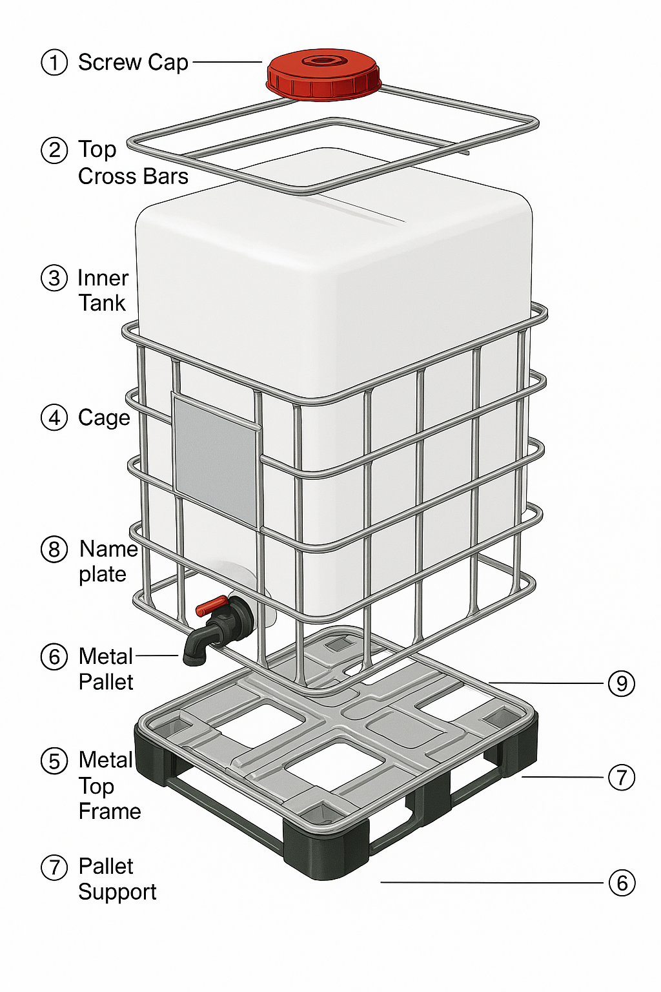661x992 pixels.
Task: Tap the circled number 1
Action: pyautogui.click(x=54, y=63)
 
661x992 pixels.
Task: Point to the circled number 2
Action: pyautogui.click(x=54, y=150)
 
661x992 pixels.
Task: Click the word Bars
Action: pyautogui.click(x=167, y=176)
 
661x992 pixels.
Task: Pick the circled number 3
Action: pyautogui.click(x=54, y=278)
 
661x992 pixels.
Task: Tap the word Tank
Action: pyautogui.click(x=102, y=303)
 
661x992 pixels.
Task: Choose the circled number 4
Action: pyautogui.click(x=54, y=418)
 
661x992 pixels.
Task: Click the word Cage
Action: pyautogui.click(x=104, y=418)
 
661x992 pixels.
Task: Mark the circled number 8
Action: pyautogui.click(x=54, y=550)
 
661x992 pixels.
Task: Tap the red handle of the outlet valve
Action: pyautogui.click(x=211, y=606)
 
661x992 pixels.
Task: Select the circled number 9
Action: pyautogui.click(x=622, y=683)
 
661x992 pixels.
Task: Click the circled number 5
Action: pyautogui.click(x=54, y=761)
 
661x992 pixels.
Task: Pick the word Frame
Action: pyautogui.click(x=110, y=811)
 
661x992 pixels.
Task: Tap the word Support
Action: pyautogui.click(x=117, y=892)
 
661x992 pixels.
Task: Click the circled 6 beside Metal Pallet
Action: pyautogui.click(x=54, y=657)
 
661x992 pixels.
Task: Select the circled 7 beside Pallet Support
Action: pyautogui.click(x=54, y=867)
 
